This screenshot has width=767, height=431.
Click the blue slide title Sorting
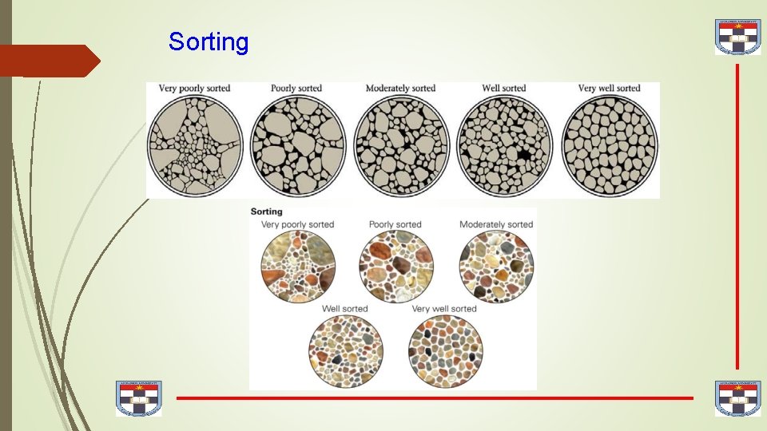point(209,42)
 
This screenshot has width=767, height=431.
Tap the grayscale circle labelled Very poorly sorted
point(196,147)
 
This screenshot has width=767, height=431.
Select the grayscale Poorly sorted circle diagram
point(298,147)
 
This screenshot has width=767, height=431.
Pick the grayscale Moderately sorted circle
point(401,147)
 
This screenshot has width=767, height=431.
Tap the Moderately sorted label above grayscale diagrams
point(400,88)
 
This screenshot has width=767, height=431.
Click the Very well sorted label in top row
point(609,88)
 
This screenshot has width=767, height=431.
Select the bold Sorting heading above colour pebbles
point(267,212)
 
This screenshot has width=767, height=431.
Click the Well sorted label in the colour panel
point(344,309)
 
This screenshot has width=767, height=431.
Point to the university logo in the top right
point(737,38)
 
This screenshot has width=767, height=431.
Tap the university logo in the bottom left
point(138,398)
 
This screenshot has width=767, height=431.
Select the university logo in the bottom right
point(737,398)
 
